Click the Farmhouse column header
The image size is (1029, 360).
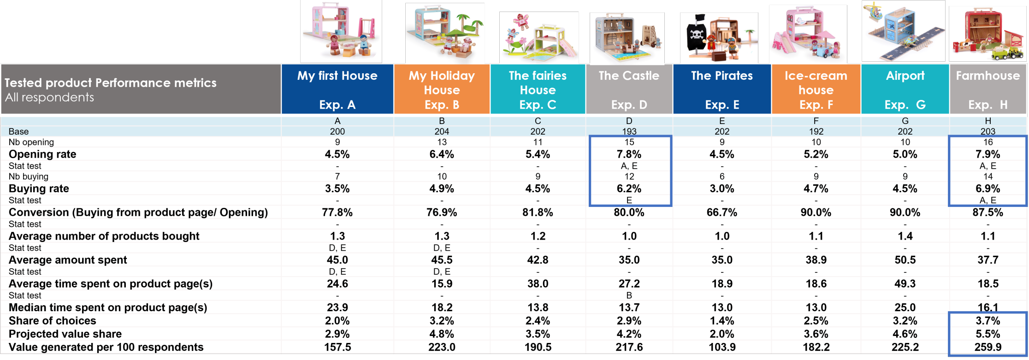988,89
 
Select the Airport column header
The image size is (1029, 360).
905,89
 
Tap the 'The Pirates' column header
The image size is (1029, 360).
721,89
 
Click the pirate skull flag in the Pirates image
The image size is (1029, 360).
696,35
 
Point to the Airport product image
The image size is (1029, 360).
904,31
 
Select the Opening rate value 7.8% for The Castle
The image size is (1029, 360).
629,154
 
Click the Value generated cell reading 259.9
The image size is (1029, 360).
988,347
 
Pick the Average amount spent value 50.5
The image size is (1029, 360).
905,260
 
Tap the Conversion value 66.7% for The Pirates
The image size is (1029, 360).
721,212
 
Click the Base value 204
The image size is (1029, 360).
442,131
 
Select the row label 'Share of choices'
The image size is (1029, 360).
53,321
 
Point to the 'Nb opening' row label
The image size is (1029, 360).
31,142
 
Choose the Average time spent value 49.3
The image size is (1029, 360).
905,283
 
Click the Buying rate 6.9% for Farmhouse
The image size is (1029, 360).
988,189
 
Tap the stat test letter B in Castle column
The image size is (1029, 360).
629,295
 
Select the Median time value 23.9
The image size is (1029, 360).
337,307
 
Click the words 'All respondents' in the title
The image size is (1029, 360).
49,97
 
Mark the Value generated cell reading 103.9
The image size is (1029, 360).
721,347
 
